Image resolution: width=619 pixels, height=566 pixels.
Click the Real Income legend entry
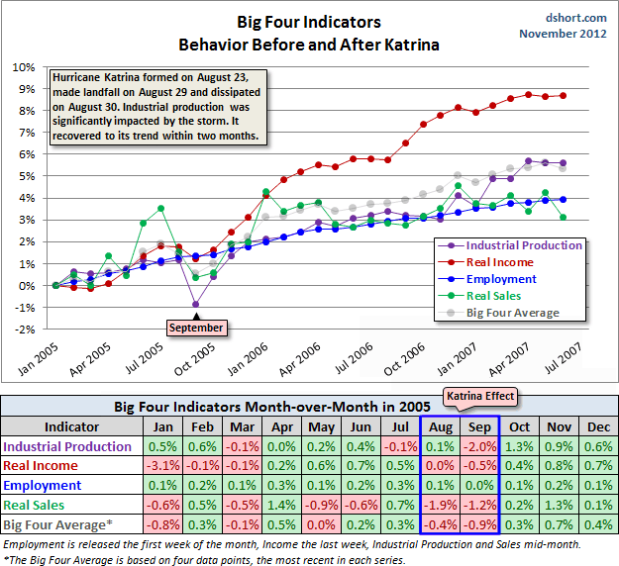click(499, 262)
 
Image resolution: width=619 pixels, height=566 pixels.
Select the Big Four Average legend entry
click(512, 313)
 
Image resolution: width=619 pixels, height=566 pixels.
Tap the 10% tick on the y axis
click(23, 67)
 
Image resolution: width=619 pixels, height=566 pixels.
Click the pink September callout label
click(195, 328)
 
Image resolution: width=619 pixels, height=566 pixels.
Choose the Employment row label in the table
click(44, 486)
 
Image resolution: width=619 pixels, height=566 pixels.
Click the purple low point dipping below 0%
click(196, 304)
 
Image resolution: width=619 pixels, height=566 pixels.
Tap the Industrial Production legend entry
click(524, 245)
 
